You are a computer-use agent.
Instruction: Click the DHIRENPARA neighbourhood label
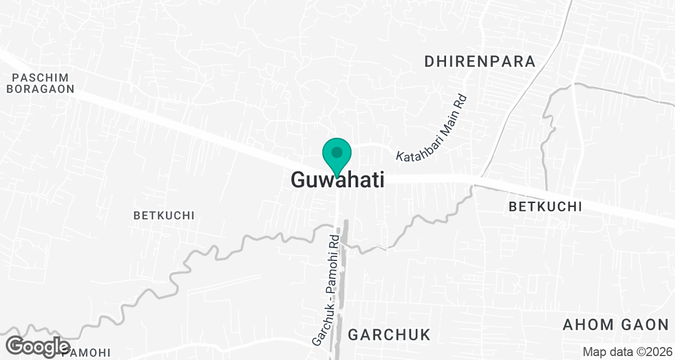(x=480, y=62)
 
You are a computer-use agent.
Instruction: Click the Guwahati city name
(x=337, y=181)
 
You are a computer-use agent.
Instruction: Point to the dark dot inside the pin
(x=337, y=152)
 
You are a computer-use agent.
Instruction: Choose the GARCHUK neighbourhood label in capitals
(x=389, y=335)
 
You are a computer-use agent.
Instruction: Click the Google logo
(x=38, y=346)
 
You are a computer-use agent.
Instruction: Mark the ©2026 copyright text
(x=651, y=352)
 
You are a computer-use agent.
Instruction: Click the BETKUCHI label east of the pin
(x=545, y=207)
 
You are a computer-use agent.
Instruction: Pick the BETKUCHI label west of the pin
(x=164, y=215)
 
